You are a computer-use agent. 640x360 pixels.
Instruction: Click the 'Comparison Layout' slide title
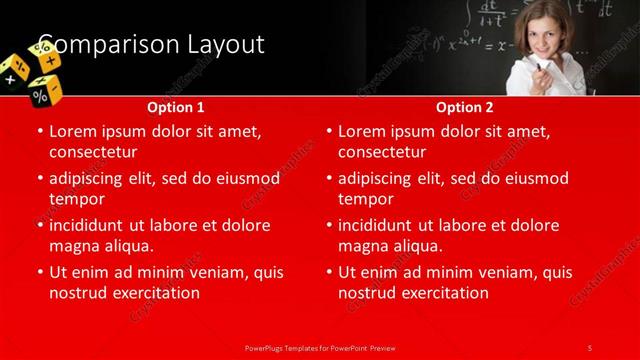(150, 45)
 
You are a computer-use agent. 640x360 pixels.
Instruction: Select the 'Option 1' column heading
(176, 107)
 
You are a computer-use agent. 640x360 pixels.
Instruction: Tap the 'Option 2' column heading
(465, 107)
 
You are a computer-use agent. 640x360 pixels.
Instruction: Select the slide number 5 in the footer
(590, 347)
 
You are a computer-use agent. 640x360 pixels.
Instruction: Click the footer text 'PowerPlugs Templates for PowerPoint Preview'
(319, 347)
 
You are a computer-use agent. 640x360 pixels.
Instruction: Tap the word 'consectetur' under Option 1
(92, 152)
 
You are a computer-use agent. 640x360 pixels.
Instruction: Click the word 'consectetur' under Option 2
(382, 152)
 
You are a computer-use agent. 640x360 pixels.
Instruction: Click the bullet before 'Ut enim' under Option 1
(40, 272)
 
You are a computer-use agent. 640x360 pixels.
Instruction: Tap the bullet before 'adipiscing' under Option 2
(329, 178)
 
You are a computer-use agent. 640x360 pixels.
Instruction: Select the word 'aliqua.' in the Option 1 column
(126, 245)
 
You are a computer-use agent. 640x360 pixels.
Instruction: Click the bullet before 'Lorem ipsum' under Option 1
(40, 131)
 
